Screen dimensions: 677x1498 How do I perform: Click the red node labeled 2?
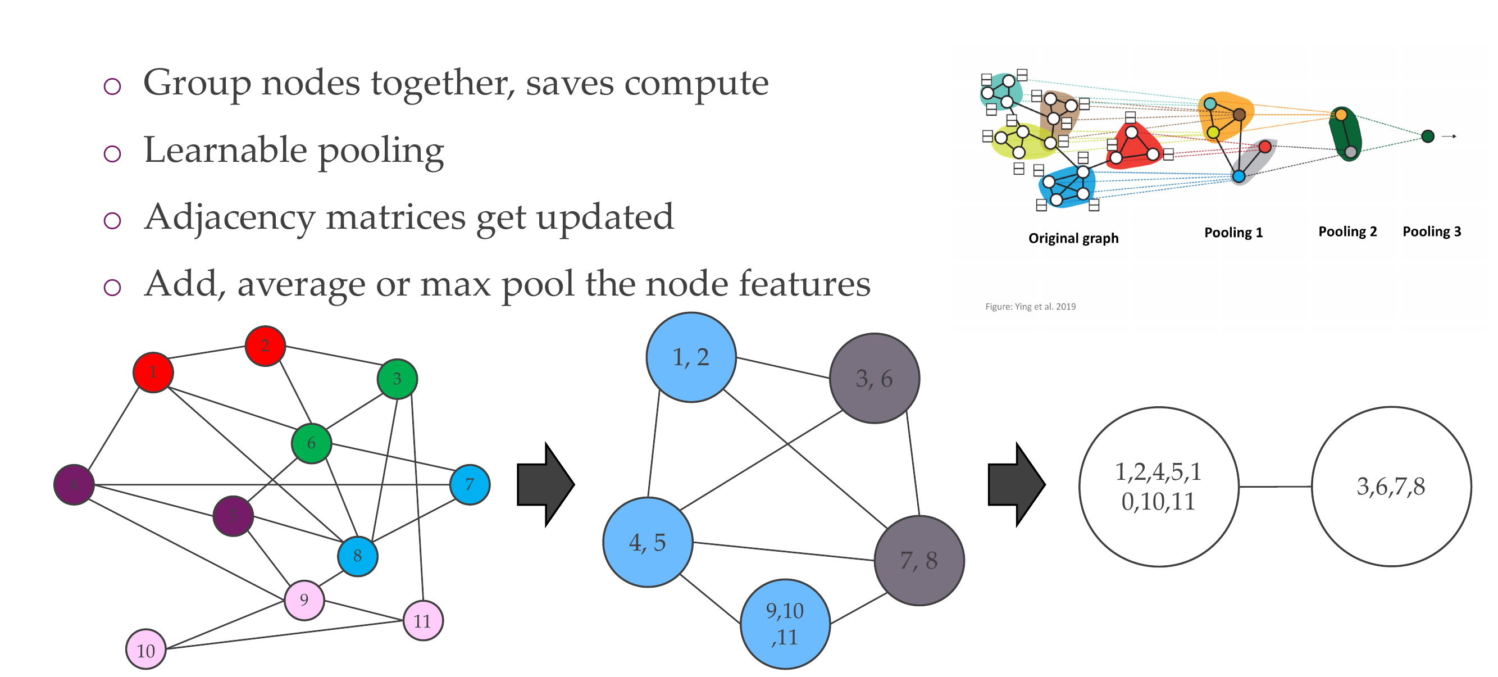pyautogui.click(x=265, y=346)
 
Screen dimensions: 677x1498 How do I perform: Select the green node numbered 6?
pyautogui.click(x=312, y=443)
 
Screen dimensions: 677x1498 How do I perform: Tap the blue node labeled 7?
pyautogui.click(x=470, y=484)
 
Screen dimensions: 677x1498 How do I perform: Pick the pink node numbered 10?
pyautogui.click(x=146, y=649)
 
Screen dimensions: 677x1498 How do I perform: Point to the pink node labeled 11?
pyautogui.click(x=423, y=621)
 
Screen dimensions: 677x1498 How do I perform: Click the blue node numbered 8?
pyautogui.click(x=358, y=556)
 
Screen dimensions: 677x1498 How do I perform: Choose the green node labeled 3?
pyautogui.click(x=397, y=379)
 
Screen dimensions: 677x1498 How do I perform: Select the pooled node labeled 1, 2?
pyautogui.click(x=691, y=357)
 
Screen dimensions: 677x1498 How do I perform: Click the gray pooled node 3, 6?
pyautogui.click(x=874, y=379)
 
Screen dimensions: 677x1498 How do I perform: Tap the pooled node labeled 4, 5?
pyautogui.click(x=648, y=542)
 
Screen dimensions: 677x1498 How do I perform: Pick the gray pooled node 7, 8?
pyautogui.click(x=919, y=560)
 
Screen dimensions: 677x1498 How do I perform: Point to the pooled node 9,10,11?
pyautogui.click(x=785, y=624)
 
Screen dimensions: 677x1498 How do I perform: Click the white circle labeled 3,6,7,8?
pyautogui.click(x=1391, y=486)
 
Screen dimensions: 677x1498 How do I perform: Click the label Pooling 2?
pyautogui.click(x=1347, y=231)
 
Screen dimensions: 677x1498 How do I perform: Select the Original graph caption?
pyautogui.click(x=1073, y=238)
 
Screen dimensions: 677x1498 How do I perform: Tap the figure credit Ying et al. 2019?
pyautogui.click(x=1031, y=307)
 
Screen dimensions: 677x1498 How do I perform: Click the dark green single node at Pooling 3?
pyautogui.click(x=1428, y=136)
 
